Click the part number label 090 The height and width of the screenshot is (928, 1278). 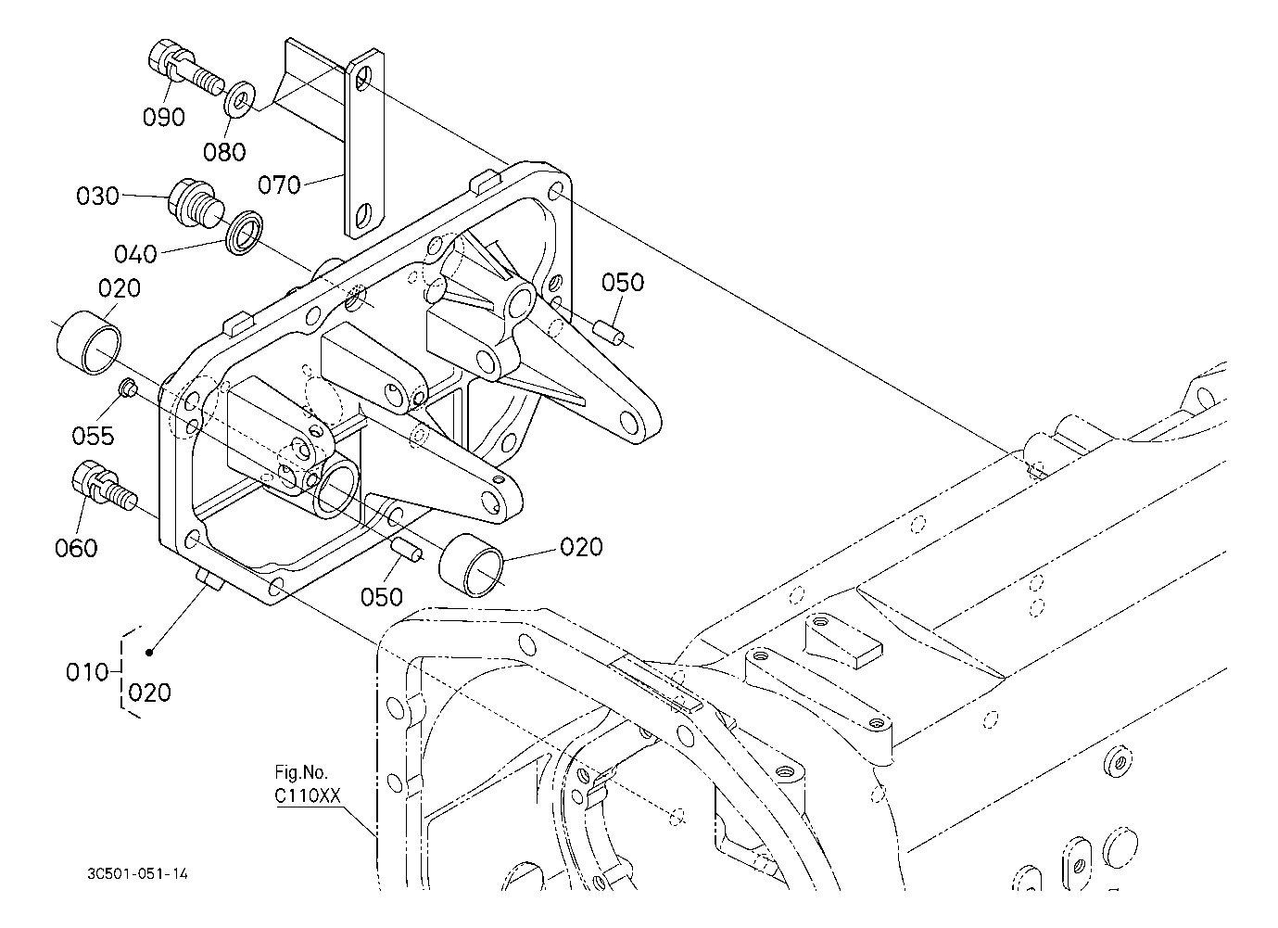[163, 118]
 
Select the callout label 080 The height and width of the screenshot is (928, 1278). [225, 151]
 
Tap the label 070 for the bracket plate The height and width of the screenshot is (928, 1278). [279, 185]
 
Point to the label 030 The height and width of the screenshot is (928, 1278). [97, 197]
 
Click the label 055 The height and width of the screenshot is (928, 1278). [95, 435]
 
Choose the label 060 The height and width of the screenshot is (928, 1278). [76, 548]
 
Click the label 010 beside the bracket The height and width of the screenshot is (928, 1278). [89, 671]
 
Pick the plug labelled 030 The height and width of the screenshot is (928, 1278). [193, 200]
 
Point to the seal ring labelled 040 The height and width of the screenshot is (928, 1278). [245, 231]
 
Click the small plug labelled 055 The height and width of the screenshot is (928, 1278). [128, 389]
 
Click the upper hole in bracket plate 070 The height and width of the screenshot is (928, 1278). [363, 78]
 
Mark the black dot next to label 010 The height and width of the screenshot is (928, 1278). [148, 653]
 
